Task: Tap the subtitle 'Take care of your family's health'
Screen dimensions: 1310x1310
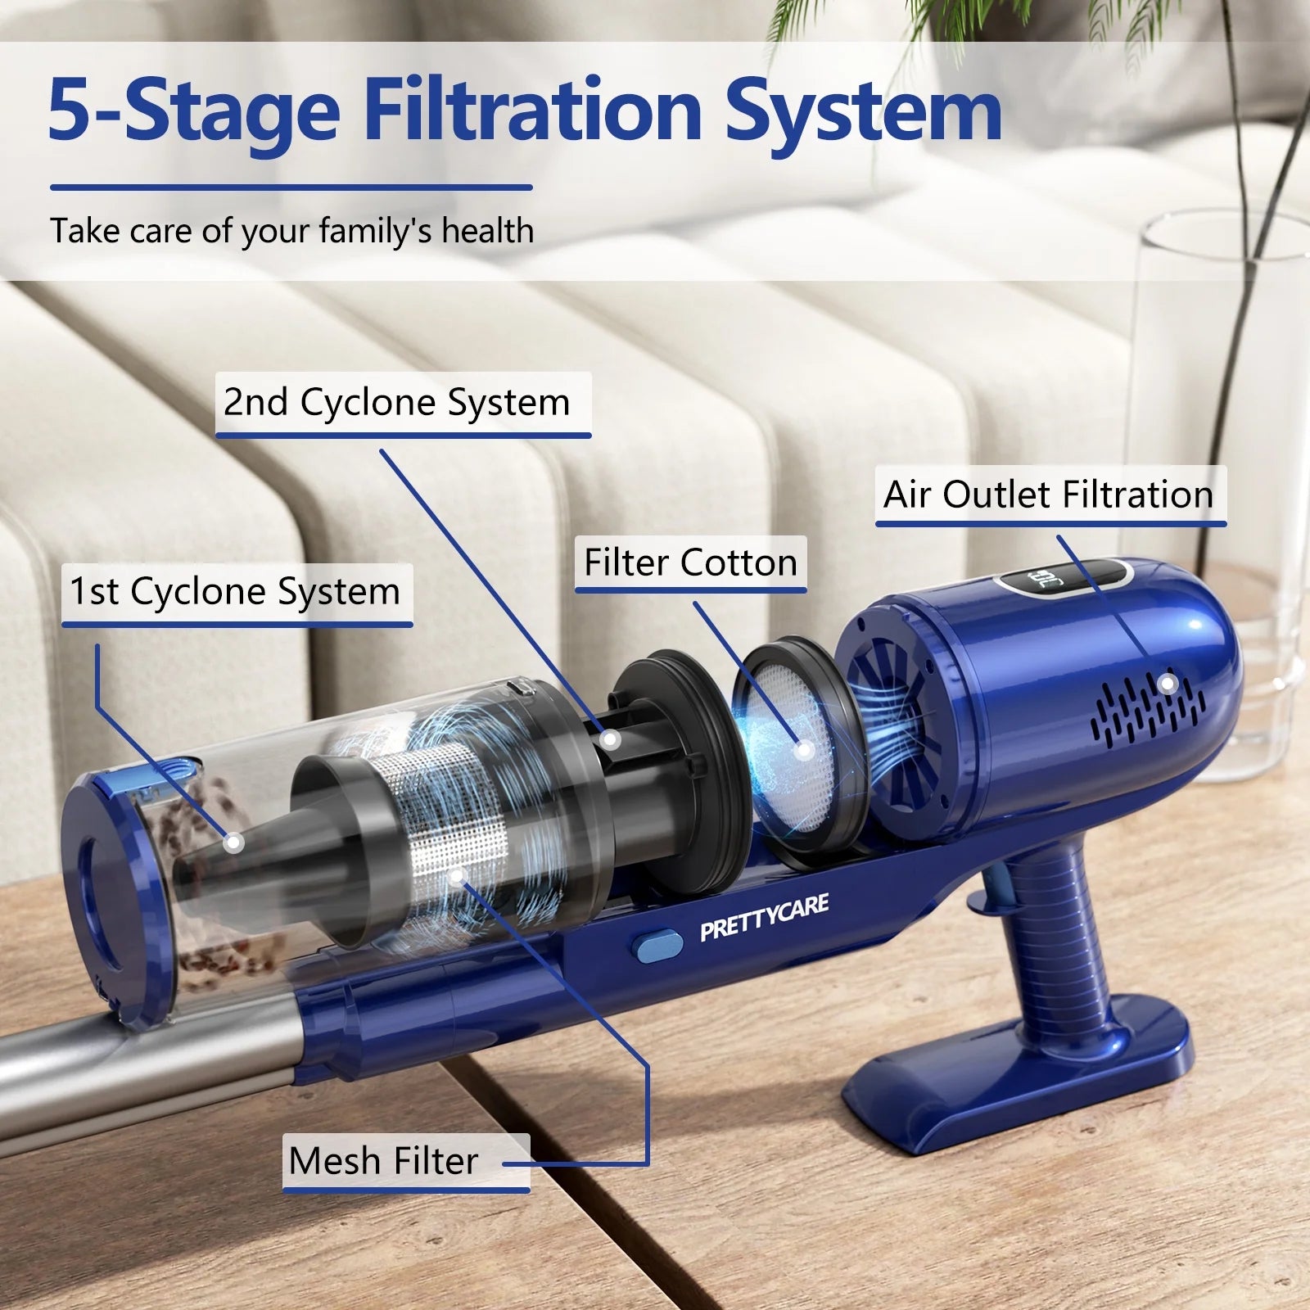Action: pos(292,231)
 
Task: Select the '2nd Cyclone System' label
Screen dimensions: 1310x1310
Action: pos(397,402)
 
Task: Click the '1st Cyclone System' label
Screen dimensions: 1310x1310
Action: pos(235,591)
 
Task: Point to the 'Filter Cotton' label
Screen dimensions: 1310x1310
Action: pos(690,562)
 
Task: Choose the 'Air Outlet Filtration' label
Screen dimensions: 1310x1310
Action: pos(1049,495)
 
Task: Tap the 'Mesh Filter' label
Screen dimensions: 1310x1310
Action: pos(383,1160)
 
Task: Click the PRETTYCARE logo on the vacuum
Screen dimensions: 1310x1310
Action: pos(764,918)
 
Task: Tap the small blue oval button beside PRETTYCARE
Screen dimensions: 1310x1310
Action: pos(657,945)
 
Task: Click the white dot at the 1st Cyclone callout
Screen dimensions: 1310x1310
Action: pos(234,842)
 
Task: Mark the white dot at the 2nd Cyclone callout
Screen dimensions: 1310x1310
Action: pos(609,740)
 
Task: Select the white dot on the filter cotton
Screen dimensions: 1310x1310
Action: pos(804,748)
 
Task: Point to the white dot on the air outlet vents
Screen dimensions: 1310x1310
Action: pos(1168,684)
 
